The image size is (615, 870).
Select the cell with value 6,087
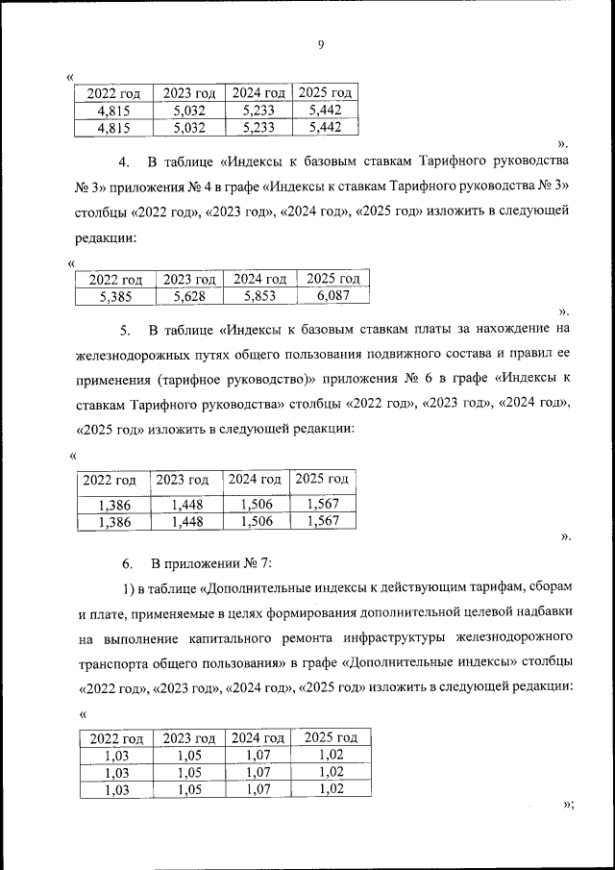click(332, 297)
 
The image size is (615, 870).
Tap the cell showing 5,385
click(115, 297)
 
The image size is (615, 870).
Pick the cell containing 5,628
click(189, 297)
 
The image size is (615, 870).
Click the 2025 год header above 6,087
click(332, 279)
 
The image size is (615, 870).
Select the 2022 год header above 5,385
click(115, 279)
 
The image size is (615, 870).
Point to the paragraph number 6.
click(125, 560)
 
